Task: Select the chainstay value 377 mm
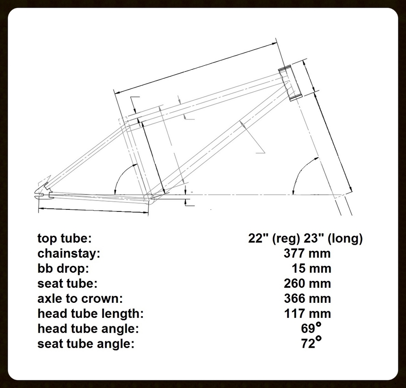307,254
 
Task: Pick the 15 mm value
311,269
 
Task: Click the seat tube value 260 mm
307,284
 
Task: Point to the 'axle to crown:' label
80,299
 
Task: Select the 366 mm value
307,299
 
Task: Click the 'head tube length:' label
91,314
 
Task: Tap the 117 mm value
307,314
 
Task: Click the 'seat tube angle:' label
86,344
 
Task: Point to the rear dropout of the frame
42,191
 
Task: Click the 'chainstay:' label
69,254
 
